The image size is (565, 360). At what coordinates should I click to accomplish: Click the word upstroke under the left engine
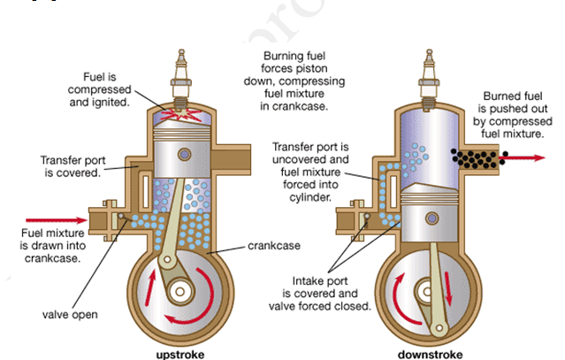pos(180,354)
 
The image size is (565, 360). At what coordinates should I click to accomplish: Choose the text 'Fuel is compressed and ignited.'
pos(109,89)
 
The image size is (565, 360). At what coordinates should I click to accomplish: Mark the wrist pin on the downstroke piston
pos(433,215)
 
